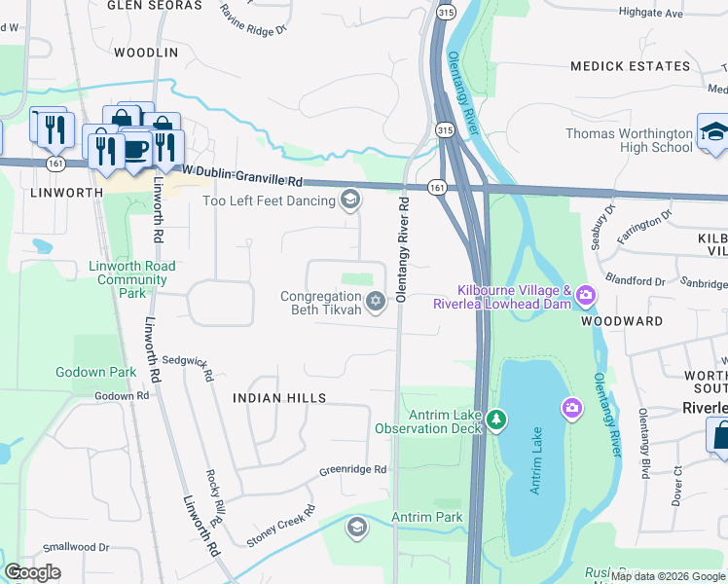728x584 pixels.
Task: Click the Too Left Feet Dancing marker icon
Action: click(349, 201)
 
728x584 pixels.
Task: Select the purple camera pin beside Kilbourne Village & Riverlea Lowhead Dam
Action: click(585, 293)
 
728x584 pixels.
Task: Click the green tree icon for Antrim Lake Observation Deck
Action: click(497, 420)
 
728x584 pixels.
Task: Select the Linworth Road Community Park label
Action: click(132, 279)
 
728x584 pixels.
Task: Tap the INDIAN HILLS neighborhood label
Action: click(279, 398)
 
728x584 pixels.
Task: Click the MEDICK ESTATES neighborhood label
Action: click(630, 66)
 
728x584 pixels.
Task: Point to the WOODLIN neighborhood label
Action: click(146, 52)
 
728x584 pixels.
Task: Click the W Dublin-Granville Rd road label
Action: click(250, 181)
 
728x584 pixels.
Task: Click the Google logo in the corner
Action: click(33, 572)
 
